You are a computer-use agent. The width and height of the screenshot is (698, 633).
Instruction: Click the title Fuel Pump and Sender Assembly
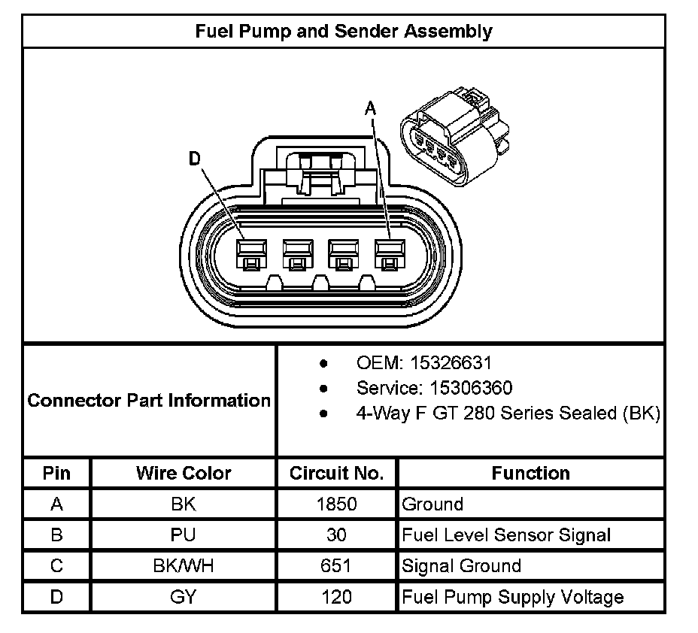[x=344, y=31]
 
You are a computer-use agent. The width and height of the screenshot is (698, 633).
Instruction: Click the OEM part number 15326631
[x=451, y=363]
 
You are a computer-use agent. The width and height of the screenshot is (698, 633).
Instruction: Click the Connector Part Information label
[x=149, y=400]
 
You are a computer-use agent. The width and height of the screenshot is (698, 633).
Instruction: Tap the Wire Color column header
[x=184, y=474]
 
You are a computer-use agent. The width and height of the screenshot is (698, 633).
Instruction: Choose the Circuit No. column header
[x=336, y=474]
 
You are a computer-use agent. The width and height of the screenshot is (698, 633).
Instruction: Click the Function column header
[x=530, y=474]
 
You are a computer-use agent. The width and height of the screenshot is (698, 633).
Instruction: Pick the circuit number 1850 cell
[x=336, y=504]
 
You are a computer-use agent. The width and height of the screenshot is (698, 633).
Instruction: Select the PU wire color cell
[x=184, y=535]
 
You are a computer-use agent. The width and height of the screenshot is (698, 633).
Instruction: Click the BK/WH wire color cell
[x=184, y=566]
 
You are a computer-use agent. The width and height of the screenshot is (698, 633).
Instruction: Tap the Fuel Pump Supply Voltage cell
[x=513, y=598]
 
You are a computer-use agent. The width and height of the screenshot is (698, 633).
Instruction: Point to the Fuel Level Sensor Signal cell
[x=506, y=535]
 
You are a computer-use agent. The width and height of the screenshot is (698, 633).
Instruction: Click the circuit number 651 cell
[x=336, y=566]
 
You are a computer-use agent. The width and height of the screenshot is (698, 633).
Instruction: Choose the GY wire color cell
[x=184, y=598]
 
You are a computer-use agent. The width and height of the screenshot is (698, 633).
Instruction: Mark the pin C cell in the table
[x=56, y=566]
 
